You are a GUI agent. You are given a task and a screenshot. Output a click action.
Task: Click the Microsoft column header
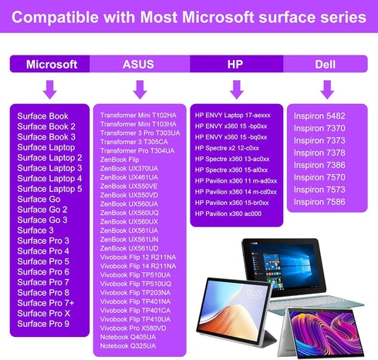(x=52, y=65)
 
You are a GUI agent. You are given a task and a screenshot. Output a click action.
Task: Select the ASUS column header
(x=138, y=65)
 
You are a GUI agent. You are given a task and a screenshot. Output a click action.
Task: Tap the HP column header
(x=235, y=65)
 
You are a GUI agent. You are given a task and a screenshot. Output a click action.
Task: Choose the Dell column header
(x=325, y=65)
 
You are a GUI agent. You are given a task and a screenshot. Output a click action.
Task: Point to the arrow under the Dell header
(x=326, y=89)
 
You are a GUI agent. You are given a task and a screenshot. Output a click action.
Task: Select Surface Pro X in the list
(x=43, y=314)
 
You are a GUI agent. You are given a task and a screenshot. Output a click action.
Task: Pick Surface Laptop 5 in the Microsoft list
(x=49, y=189)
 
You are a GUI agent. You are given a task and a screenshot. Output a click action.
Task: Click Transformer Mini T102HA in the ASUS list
(x=138, y=115)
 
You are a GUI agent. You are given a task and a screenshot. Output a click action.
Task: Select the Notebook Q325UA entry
(x=128, y=345)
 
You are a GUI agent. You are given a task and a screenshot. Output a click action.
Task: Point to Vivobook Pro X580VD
(x=133, y=328)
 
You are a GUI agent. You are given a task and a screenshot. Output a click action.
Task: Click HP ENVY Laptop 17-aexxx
(x=233, y=113)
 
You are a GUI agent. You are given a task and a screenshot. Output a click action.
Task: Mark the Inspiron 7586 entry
(x=319, y=201)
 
